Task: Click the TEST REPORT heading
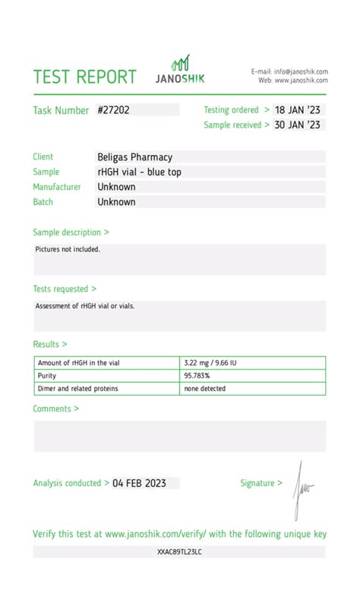pos(85,77)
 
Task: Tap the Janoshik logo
pos(180,70)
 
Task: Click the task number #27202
pos(114,110)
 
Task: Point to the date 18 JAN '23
pos(298,110)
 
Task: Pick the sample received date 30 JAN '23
pos(298,125)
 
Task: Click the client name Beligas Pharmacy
pos(134,157)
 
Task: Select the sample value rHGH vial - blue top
pos(139,172)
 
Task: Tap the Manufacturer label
pos(57,187)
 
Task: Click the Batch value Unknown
pos(116,202)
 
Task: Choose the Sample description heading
pos(71,232)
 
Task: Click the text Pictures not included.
pos(68,249)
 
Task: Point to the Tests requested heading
pos(65,289)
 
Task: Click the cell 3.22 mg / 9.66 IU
pos(210,363)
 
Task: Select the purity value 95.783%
pos(197,376)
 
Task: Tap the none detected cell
pos(204,389)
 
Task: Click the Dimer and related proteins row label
pos(78,389)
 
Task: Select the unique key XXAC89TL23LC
pos(179,551)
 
